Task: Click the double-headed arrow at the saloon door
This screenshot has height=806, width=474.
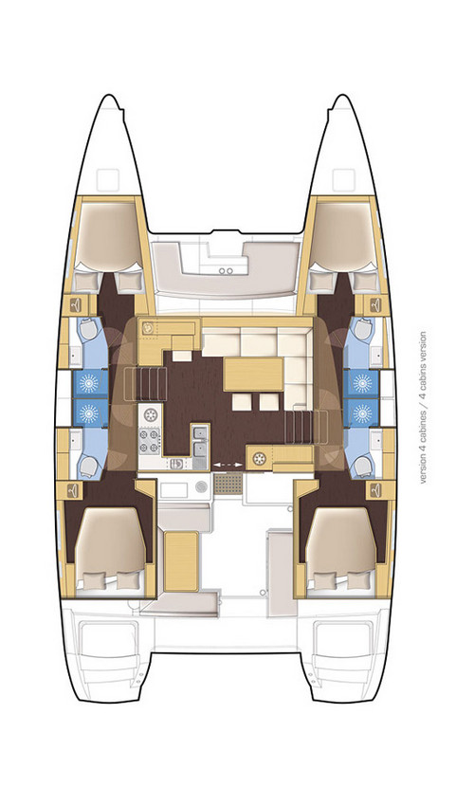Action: pos(227,462)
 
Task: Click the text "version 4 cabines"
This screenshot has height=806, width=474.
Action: pos(423,447)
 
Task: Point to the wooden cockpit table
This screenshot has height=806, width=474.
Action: pos(181,559)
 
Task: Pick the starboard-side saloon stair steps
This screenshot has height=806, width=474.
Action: pos(301,422)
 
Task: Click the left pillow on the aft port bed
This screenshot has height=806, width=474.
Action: pos(95,581)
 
